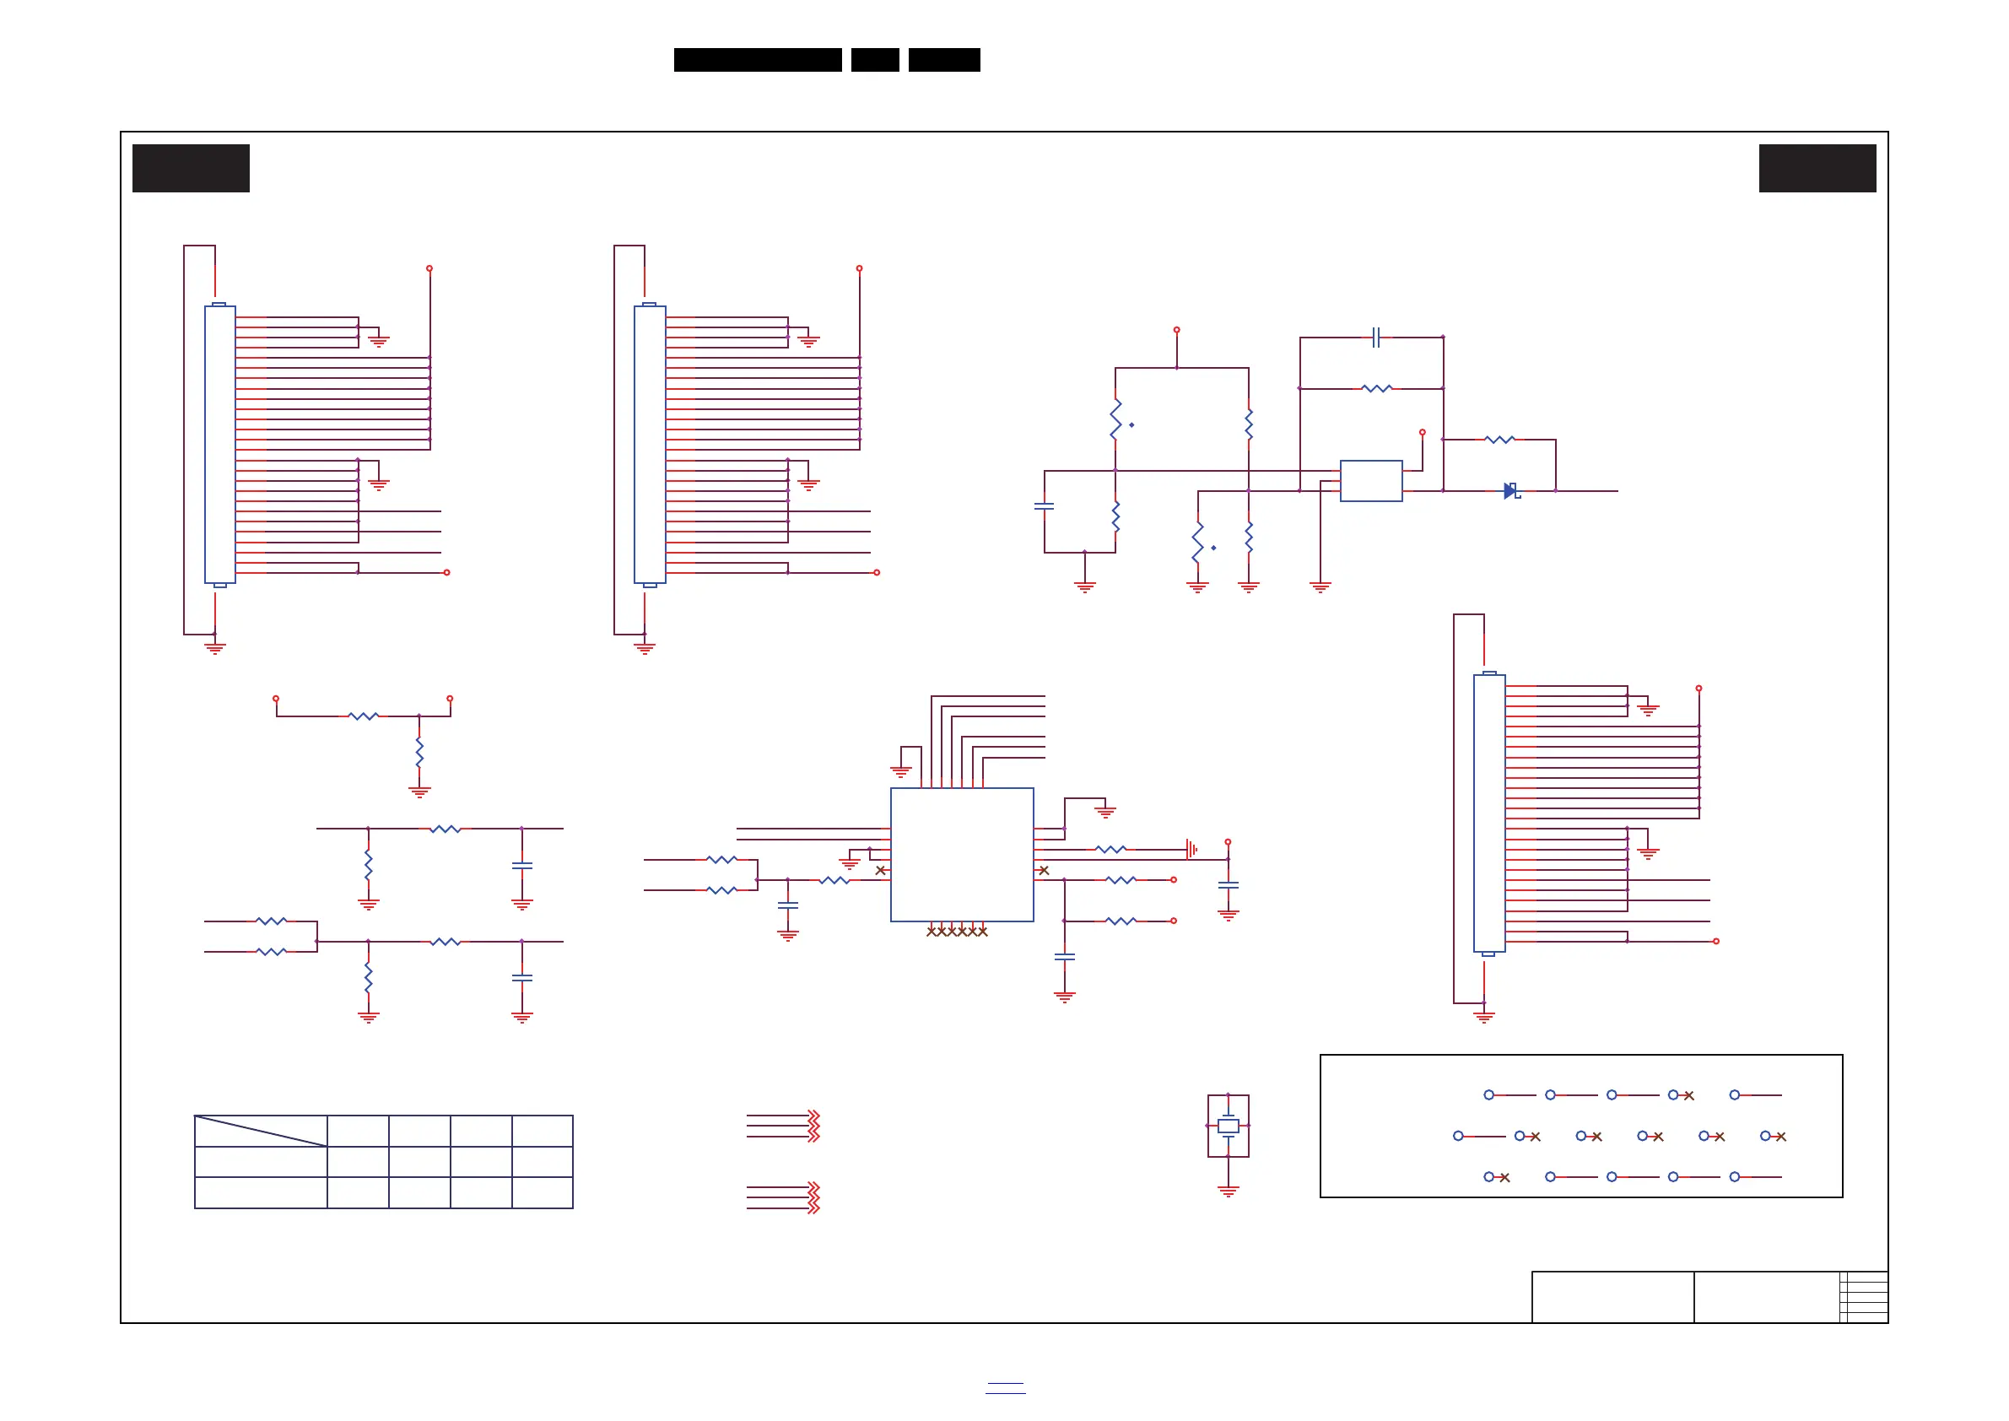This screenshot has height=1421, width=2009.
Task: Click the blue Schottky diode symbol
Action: coord(1510,491)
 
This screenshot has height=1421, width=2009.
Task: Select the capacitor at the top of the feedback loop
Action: coord(1375,337)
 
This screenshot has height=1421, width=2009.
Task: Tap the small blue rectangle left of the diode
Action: coord(1370,480)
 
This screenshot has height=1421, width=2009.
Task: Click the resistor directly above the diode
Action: coord(1499,440)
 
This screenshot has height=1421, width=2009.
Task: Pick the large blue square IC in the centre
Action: coord(962,854)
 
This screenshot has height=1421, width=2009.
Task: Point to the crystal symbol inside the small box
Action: coord(1228,1127)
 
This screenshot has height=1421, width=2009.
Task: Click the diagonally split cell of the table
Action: coord(261,1131)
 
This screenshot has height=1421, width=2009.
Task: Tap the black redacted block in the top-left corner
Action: coord(191,168)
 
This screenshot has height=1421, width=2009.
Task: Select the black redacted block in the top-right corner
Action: coord(1817,168)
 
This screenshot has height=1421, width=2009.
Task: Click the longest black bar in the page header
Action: coord(758,60)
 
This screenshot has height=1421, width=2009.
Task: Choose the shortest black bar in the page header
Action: coord(875,60)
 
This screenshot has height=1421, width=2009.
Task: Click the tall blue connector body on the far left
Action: coord(219,445)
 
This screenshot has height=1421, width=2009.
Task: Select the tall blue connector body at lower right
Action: coord(1488,813)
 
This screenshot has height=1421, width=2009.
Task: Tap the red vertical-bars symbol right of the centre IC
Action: coord(1191,849)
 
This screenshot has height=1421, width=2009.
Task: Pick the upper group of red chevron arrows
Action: coord(813,1127)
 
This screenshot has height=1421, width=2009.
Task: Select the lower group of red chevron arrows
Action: coord(813,1198)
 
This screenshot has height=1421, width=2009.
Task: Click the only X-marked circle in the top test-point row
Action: coord(1680,1094)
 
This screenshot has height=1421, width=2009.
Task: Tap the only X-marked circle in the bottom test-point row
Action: coord(1496,1177)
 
